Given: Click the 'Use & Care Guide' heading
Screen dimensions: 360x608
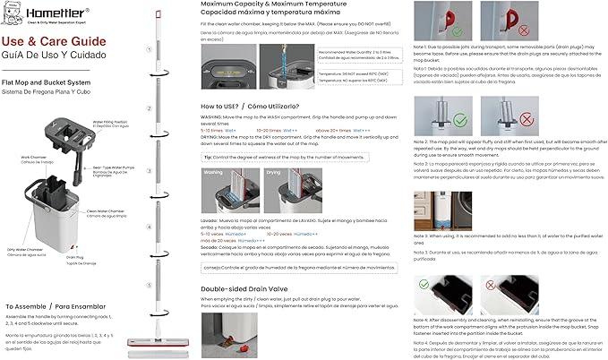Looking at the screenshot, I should coord(47,40).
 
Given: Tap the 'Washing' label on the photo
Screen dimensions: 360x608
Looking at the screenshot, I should coord(213,172).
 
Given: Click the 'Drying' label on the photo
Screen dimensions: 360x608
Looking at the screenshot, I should coord(274,172).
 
